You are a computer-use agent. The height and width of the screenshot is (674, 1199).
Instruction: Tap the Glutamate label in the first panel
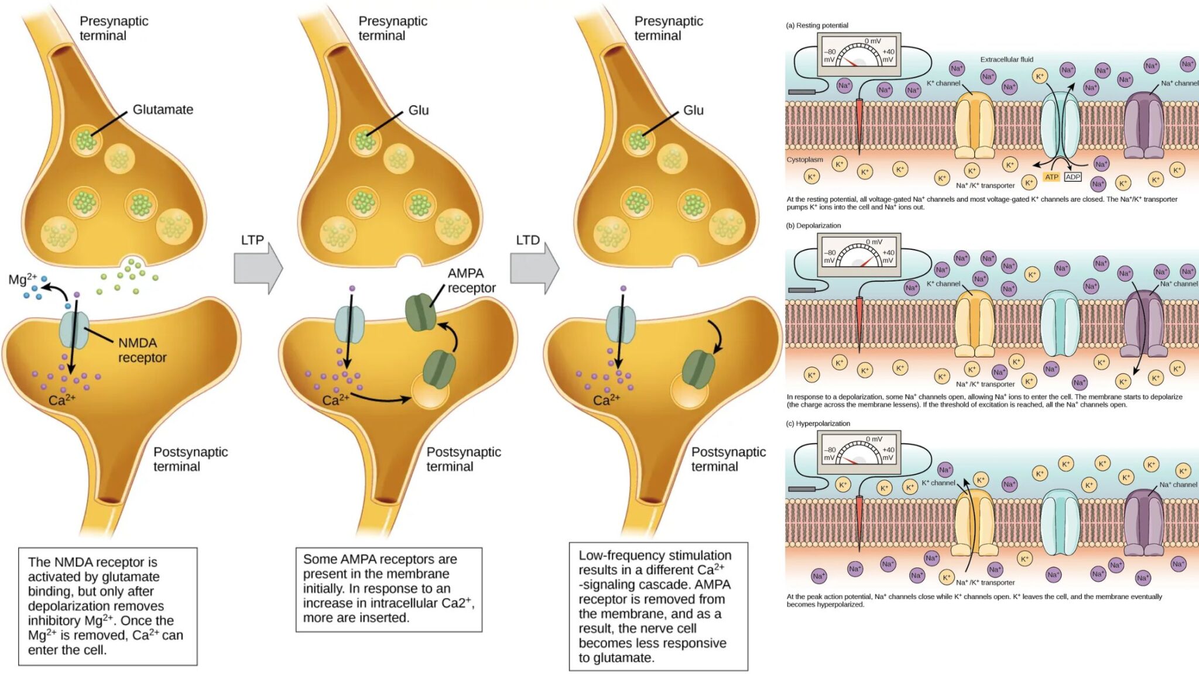(x=163, y=109)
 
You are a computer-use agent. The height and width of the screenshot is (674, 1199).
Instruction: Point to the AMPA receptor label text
(x=471, y=280)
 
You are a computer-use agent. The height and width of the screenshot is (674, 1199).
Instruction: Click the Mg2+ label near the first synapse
(x=22, y=279)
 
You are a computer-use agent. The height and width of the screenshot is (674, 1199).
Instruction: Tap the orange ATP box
(x=1051, y=177)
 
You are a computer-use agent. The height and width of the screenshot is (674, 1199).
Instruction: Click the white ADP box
(x=1073, y=177)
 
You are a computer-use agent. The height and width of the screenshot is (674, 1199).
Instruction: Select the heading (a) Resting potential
(x=817, y=25)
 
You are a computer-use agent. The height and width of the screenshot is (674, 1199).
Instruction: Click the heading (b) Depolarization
(x=813, y=225)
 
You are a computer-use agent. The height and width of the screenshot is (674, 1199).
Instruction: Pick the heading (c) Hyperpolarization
(x=818, y=423)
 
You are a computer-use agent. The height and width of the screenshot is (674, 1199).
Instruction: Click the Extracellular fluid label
(x=1006, y=59)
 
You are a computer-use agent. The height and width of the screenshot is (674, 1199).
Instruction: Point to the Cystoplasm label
(x=804, y=159)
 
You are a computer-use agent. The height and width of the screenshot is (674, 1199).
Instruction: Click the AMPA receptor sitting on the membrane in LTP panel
(x=420, y=312)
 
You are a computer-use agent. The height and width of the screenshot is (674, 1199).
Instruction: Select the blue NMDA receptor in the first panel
(x=74, y=330)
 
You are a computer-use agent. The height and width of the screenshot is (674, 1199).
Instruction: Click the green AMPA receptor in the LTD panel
(x=698, y=369)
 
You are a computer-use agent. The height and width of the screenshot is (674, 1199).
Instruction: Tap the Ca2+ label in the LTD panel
(x=606, y=400)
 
